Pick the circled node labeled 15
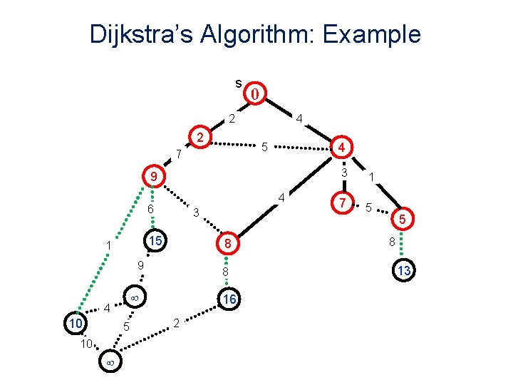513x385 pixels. tap(153, 242)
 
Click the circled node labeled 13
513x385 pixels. tap(404, 270)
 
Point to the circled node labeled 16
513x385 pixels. tap(228, 300)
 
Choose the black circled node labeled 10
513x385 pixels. tap(74, 324)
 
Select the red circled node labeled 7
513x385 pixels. tap(343, 203)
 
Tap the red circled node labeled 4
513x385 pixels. tap(342, 148)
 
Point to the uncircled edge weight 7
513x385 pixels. tap(179, 154)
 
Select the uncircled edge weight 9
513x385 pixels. tap(140, 265)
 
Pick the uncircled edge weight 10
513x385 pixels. tap(85, 344)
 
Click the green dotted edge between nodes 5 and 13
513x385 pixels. tap(403, 245)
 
